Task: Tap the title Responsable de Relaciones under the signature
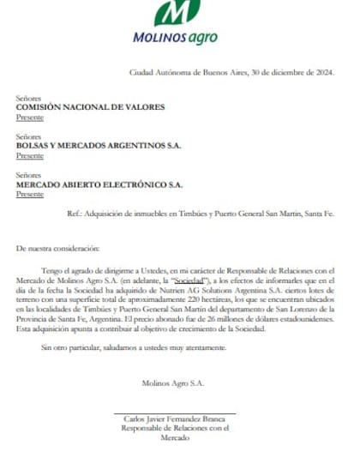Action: tap(173, 429)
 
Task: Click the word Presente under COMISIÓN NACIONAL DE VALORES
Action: tap(29, 118)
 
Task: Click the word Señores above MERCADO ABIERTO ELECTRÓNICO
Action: tap(29, 174)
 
